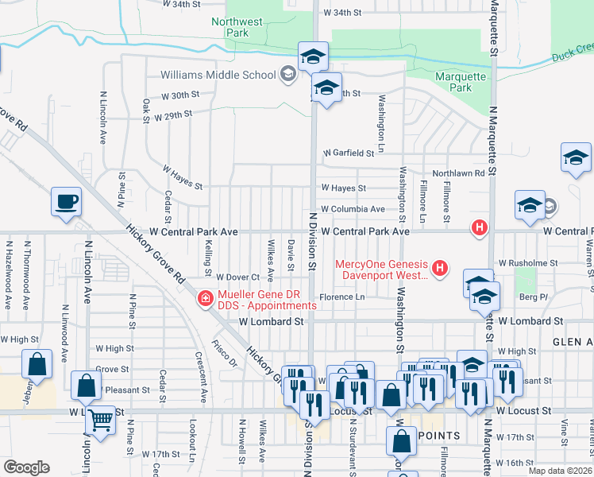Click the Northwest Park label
[230, 28]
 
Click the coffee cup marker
[66, 202]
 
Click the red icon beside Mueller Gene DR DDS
[205, 299]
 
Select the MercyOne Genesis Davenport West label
[382, 270]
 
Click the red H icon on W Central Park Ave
[479, 228]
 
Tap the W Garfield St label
[348, 153]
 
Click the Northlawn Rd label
[457, 173]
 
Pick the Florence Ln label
[341, 297]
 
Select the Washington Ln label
[381, 123]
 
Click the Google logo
[26, 467]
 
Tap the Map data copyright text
[561, 471]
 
